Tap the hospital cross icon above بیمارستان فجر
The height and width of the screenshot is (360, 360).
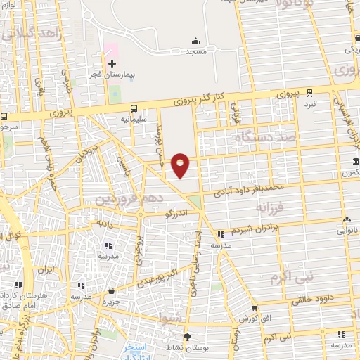pos(112,63)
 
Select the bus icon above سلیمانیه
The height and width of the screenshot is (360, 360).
pos(134,108)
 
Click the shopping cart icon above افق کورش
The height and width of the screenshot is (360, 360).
pos(255,308)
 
